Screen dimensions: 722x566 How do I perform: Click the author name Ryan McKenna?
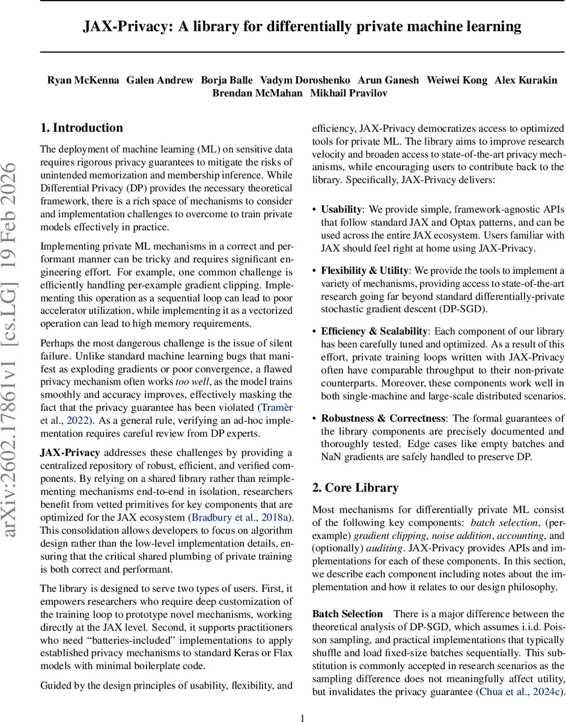82,80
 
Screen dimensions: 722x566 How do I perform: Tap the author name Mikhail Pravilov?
348,93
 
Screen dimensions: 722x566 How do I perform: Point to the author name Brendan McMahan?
257,93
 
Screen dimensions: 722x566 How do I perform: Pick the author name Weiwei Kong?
456,80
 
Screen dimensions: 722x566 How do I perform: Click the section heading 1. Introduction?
81,128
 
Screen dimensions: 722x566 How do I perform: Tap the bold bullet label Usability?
341,209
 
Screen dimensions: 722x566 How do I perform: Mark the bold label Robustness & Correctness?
382,418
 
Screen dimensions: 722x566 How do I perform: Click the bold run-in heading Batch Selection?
347,614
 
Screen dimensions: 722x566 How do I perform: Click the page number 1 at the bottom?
302,717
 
